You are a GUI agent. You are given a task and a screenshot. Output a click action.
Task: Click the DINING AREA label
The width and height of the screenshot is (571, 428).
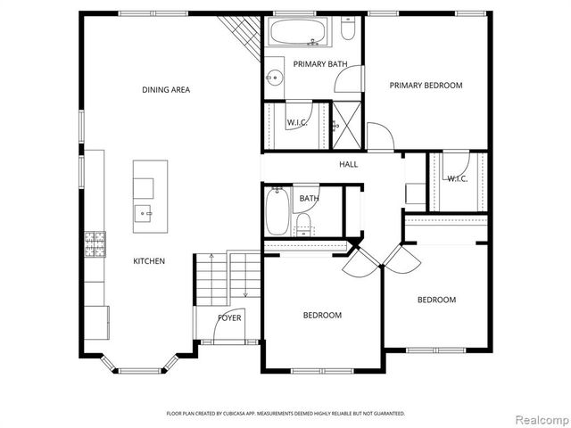[166, 89]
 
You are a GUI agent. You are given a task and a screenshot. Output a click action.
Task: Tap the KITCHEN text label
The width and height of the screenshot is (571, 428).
[149, 261]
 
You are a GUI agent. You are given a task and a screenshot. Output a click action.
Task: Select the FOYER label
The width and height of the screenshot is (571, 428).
[230, 317]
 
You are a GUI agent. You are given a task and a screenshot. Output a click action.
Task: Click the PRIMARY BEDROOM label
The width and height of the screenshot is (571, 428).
[426, 86]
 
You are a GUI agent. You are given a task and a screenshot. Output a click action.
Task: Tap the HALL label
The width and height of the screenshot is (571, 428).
[348, 164]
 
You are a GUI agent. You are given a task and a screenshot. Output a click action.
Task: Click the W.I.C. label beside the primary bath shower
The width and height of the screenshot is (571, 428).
[296, 122]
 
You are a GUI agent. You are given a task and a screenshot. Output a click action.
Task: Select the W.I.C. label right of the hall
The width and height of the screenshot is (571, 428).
[457, 178]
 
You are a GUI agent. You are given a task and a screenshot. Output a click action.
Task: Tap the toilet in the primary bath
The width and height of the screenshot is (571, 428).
[349, 30]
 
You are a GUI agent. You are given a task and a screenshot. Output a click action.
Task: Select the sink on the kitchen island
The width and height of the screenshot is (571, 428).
[144, 214]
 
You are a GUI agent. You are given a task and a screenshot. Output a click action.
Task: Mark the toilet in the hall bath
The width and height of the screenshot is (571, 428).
[303, 220]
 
